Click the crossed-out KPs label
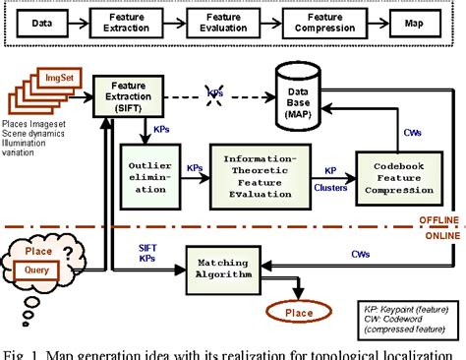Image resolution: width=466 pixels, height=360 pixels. (x=214, y=92)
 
